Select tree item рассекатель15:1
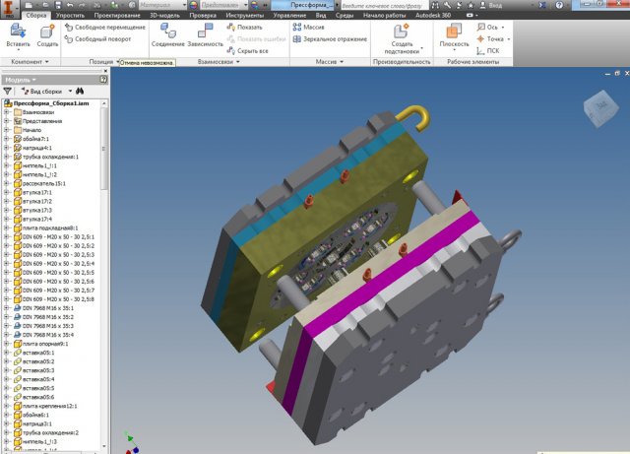tap(44, 183)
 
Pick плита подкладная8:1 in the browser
tap(49, 227)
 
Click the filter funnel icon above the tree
tap(9, 90)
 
